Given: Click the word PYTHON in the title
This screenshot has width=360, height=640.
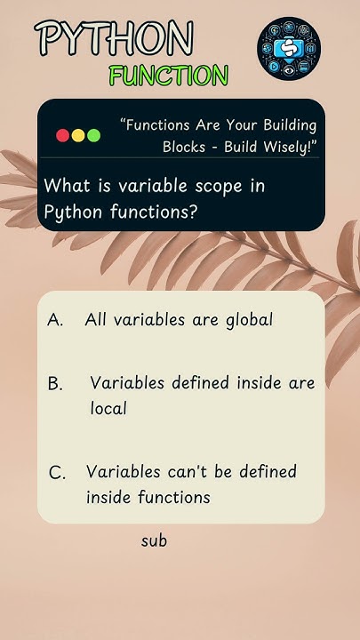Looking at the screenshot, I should [114, 38].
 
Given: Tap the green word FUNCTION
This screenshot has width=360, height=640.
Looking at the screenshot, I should [168, 76].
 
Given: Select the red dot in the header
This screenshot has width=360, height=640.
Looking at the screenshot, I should [63, 136].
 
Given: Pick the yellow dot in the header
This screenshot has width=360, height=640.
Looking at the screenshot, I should [78, 136].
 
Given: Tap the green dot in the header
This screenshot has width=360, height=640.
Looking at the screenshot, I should [93, 136].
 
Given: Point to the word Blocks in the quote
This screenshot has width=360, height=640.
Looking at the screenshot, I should [183, 146].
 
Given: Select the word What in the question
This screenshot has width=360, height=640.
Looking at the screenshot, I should [64, 187].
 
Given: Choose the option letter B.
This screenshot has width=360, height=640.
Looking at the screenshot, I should [55, 384].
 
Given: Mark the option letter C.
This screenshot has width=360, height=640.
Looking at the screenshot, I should [57, 473].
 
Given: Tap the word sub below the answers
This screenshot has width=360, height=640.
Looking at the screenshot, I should [154, 540].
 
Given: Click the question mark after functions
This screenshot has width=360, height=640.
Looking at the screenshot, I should [192, 212].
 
